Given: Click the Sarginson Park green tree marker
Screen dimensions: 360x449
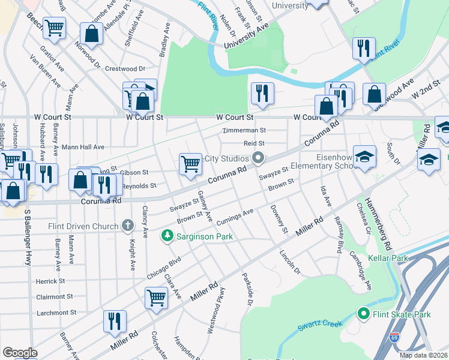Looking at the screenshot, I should (x=167, y=236).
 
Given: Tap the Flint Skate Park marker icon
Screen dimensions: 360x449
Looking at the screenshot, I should (x=363, y=314).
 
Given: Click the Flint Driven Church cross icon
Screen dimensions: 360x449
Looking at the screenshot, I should (x=127, y=225).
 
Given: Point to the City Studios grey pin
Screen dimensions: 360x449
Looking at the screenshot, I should (x=259, y=158).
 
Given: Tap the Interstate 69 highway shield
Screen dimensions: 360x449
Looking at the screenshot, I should (x=394, y=339).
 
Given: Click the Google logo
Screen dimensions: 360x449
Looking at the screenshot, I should (x=20, y=353).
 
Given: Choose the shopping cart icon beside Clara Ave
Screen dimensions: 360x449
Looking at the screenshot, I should (x=156, y=296).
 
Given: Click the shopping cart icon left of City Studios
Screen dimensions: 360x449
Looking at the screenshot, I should (x=190, y=163).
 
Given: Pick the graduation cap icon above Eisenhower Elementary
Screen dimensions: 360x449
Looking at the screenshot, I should (x=364, y=157).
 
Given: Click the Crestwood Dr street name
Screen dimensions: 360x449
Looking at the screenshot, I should (x=125, y=69).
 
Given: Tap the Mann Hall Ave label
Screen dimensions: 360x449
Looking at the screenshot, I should (x=83, y=147).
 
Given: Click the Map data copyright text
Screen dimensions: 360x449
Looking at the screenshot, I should (x=424, y=355).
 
